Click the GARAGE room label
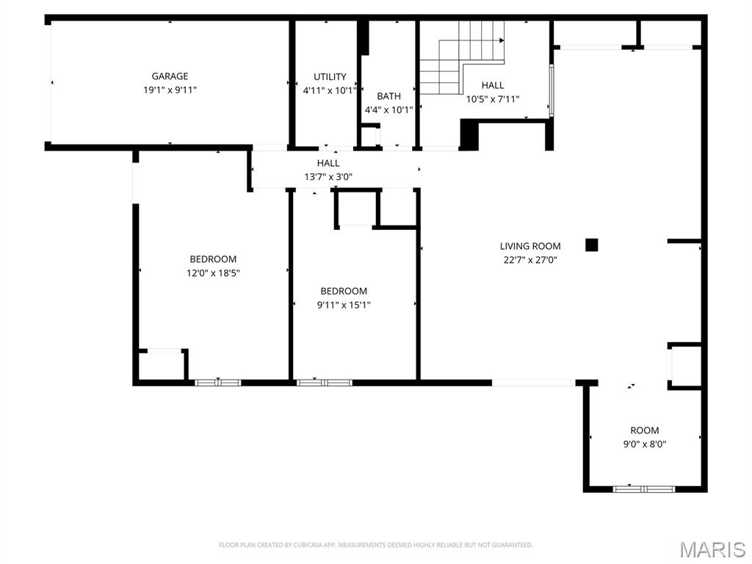170,76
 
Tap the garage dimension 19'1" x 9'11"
170,90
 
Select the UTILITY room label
330,77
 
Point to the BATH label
388,96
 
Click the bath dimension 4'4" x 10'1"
388,110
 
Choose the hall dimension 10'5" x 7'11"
492,98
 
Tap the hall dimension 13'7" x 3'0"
328,176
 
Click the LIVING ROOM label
530,246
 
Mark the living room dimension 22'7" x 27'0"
530,259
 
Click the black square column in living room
592,245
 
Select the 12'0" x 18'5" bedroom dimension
213,272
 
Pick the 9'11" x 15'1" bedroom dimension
344,305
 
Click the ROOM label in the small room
644,430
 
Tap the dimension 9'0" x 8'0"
644,444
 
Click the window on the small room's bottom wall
644,488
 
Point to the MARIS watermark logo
712,549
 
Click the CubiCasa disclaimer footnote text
375,545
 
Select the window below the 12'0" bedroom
217,383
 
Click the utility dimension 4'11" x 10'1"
330,91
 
